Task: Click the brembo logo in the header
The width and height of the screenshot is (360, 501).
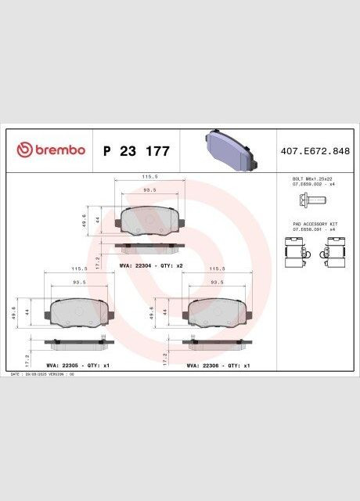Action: pyautogui.click(x=51, y=150)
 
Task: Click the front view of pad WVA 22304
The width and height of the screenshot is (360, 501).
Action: pyautogui.click(x=149, y=222)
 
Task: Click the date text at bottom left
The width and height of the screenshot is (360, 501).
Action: pyautogui.click(x=42, y=375)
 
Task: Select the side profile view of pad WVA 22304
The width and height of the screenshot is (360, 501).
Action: pyautogui.click(x=149, y=247)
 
